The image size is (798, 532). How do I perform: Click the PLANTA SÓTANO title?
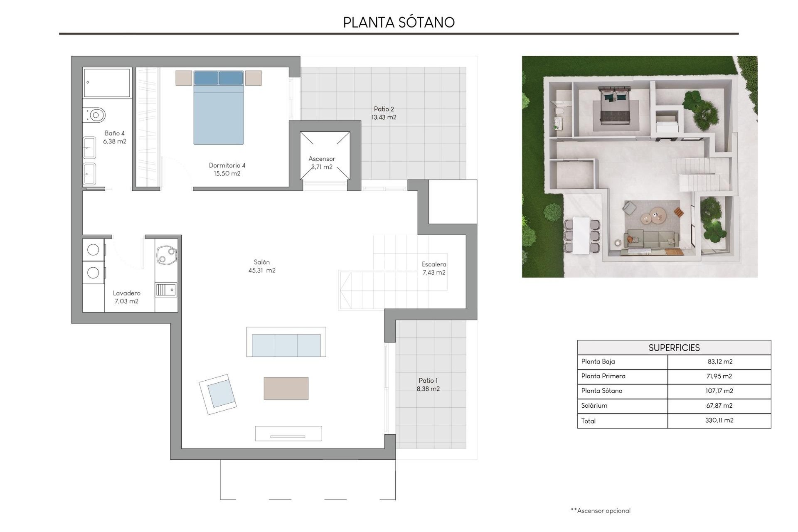pyautogui.click(x=399, y=22)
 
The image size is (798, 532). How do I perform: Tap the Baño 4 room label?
pyautogui.click(x=115, y=133)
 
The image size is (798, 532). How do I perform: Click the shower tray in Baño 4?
pyautogui.click(x=107, y=83)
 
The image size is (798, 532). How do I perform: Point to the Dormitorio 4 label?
pyautogui.click(x=227, y=165)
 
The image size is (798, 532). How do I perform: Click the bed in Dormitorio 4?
pyautogui.click(x=218, y=112)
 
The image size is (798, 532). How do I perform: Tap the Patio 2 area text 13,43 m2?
pyautogui.click(x=384, y=118)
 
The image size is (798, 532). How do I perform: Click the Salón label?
pyautogui.click(x=262, y=262)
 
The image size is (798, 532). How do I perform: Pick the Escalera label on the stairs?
pyautogui.click(x=434, y=264)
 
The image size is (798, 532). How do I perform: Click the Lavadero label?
pyautogui.click(x=126, y=293)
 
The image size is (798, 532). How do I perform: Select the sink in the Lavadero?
pyautogui.click(x=166, y=290)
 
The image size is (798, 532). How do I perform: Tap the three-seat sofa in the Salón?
pyautogui.click(x=286, y=345)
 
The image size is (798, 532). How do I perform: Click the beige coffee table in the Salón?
pyautogui.click(x=286, y=388)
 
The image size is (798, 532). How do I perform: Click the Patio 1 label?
pyautogui.click(x=428, y=381)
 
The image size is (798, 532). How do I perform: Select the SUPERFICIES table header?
pyautogui.click(x=674, y=348)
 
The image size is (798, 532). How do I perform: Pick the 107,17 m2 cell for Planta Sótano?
pyautogui.click(x=719, y=391)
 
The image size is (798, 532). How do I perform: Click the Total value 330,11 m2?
pyautogui.click(x=719, y=421)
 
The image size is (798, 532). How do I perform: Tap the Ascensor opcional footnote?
pyautogui.click(x=601, y=511)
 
